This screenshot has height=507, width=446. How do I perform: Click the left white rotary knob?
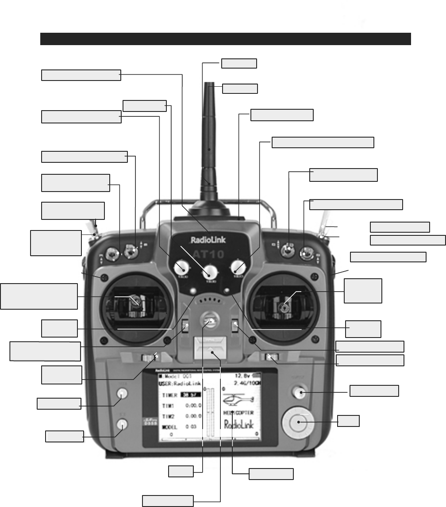pyautogui.click(x=181, y=266)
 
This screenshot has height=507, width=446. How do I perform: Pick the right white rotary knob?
pyautogui.click(x=238, y=266)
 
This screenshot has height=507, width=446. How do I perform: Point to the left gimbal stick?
pyautogui.click(x=136, y=302)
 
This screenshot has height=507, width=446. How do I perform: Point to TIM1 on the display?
pyautogui.click(x=168, y=406)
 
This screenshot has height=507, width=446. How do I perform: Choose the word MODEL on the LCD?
pyautogui.click(x=169, y=427)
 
